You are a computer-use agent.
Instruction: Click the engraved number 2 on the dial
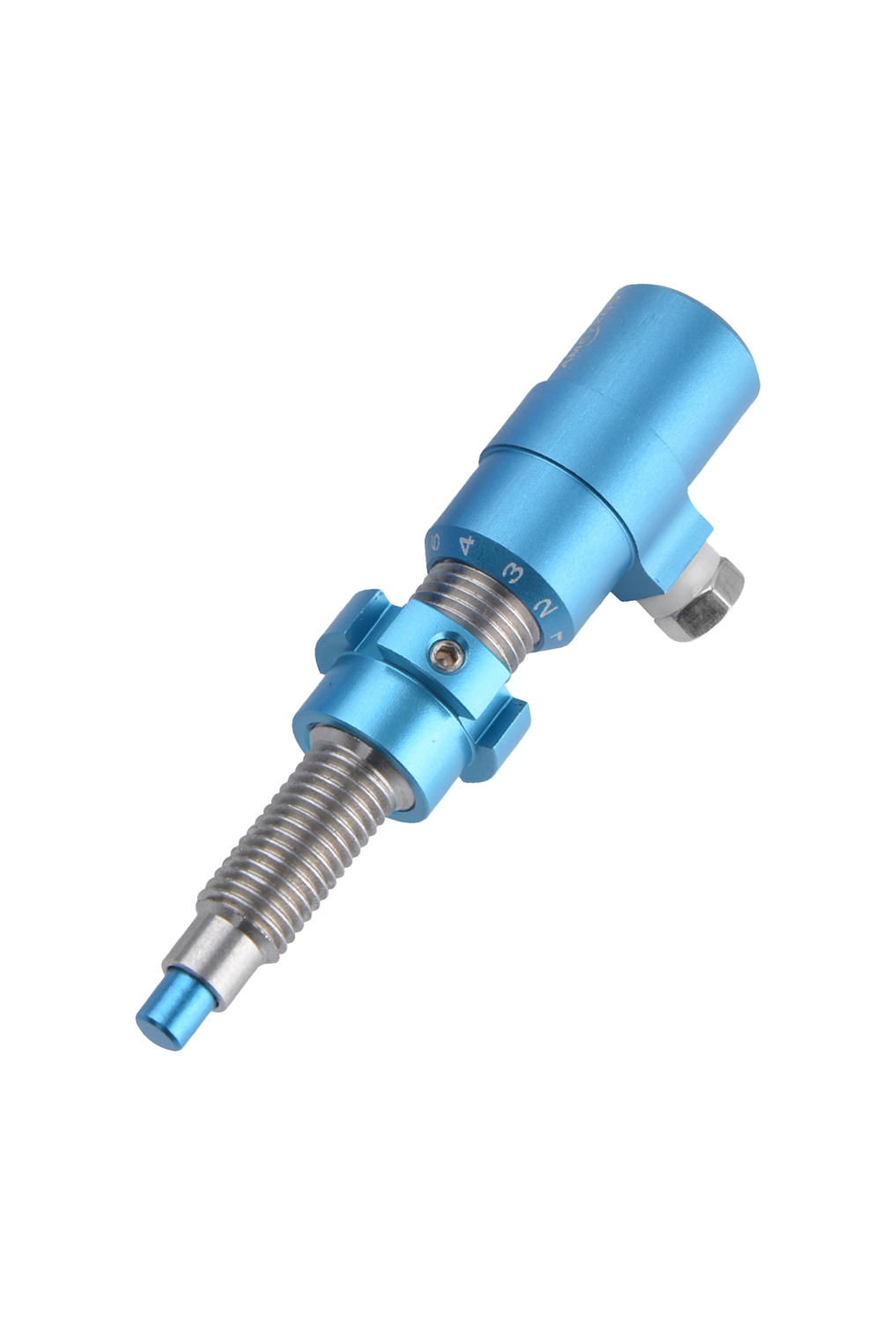coord(545,607)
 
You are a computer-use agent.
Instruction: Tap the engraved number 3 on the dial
coord(511,574)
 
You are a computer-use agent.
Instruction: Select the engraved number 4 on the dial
coord(466,546)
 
